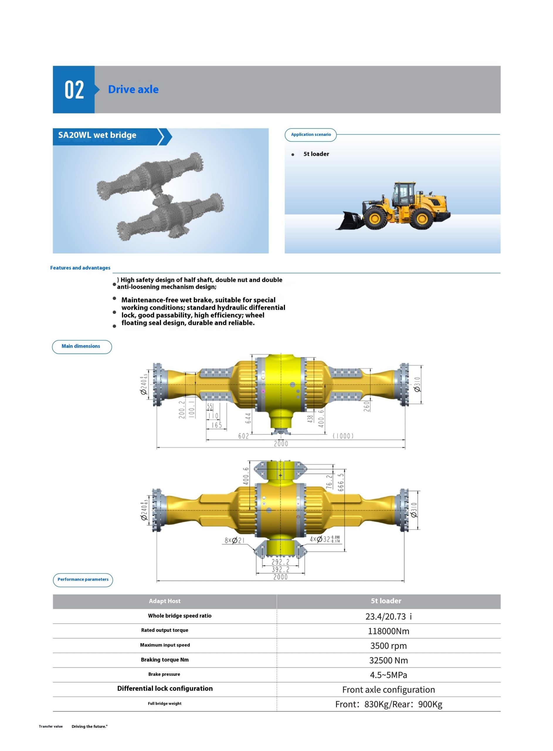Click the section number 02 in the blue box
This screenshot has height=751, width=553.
[74, 90]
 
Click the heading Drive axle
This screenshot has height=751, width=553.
[133, 89]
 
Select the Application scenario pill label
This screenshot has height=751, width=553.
[311, 135]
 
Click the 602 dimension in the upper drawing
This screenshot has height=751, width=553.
[243, 436]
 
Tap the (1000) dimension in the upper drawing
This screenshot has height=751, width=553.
[343, 436]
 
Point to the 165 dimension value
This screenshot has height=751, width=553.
[217, 425]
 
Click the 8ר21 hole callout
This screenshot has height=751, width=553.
[234, 540]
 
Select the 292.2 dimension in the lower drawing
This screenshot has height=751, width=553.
[281, 562]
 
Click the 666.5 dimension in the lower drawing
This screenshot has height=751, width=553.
[341, 482]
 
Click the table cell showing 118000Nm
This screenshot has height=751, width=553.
[388, 631]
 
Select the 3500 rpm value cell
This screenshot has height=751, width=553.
[388, 645]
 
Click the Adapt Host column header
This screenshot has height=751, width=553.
[165, 601]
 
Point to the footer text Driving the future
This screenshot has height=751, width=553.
[90, 726]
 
